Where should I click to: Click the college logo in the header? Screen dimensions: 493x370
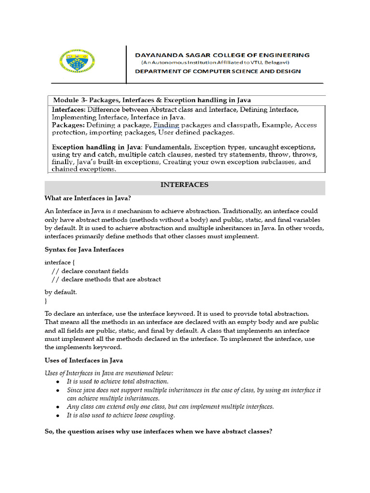[x=77, y=61]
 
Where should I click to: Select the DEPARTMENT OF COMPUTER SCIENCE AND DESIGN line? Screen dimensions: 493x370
[x=218, y=71]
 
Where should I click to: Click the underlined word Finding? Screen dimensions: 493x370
[x=166, y=125]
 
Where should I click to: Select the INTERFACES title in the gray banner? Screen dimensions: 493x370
[x=185, y=185]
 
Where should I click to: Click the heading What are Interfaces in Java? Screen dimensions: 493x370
[x=88, y=198]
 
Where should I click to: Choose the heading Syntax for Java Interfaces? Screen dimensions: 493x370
[x=84, y=249]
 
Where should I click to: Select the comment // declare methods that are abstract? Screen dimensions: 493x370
[x=106, y=279]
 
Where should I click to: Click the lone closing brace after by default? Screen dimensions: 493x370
[x=46, y=300]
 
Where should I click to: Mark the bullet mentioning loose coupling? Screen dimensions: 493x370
[x=121, y=415]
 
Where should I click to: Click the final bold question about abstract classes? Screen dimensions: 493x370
[x=159, y=432]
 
